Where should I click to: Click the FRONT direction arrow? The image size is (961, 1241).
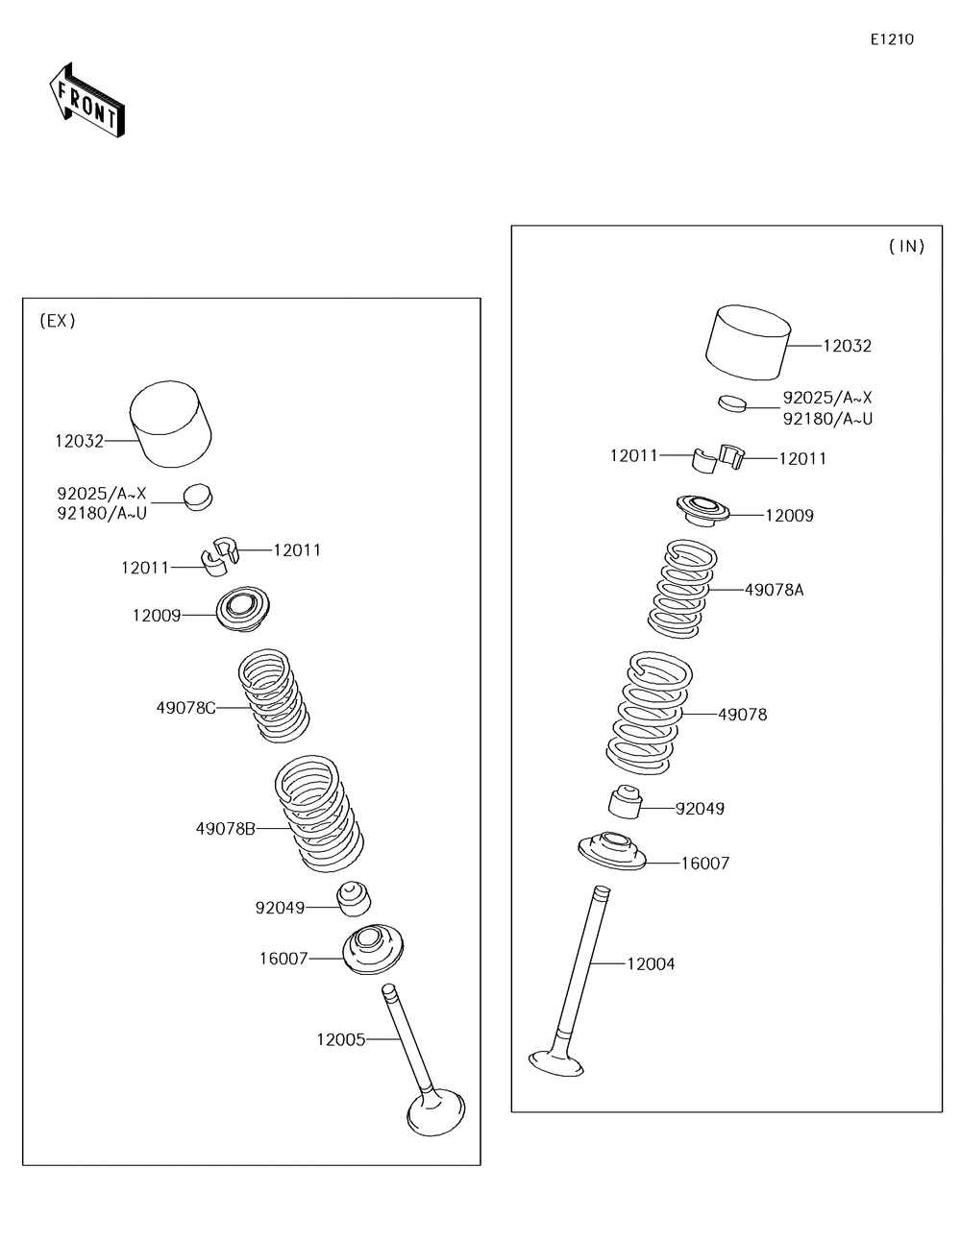(86, 100)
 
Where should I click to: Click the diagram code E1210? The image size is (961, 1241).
(892, 39)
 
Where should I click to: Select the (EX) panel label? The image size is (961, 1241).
(57, 321)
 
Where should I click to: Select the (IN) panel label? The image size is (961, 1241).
(906, 246)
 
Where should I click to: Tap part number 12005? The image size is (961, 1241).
(340, 1038)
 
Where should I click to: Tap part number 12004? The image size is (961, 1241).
(651, 963)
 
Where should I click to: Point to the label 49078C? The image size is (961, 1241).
(185, 708)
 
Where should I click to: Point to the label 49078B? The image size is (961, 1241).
(225, 828)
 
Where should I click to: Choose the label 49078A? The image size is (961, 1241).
(774, 590)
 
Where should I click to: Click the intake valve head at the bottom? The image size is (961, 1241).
(556, 1061)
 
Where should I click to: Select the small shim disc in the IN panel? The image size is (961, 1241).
(732, 401)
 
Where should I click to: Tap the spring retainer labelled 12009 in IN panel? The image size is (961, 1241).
(702, 509)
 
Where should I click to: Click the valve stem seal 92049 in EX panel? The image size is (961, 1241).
(354, 897)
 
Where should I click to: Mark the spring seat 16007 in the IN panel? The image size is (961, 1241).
(612, 851)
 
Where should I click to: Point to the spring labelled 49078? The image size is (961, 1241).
(647, 715)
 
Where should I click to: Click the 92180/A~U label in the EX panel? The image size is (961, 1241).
(101, 513)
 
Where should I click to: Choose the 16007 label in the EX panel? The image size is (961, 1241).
(283, 958)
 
